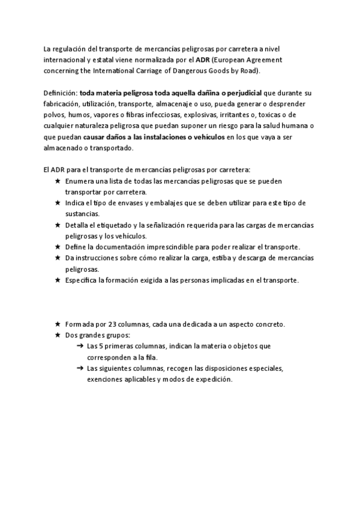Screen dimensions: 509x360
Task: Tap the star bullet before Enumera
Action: (57, 181)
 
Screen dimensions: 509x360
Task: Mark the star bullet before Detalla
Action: (57, 225)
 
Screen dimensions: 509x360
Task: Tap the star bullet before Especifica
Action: (57, 280)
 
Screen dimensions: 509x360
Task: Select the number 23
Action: (116, 324)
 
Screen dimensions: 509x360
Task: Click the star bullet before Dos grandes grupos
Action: (57, 335)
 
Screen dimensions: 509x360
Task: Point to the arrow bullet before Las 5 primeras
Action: (80, 346)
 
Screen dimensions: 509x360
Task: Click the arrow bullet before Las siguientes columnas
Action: (80, 368)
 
